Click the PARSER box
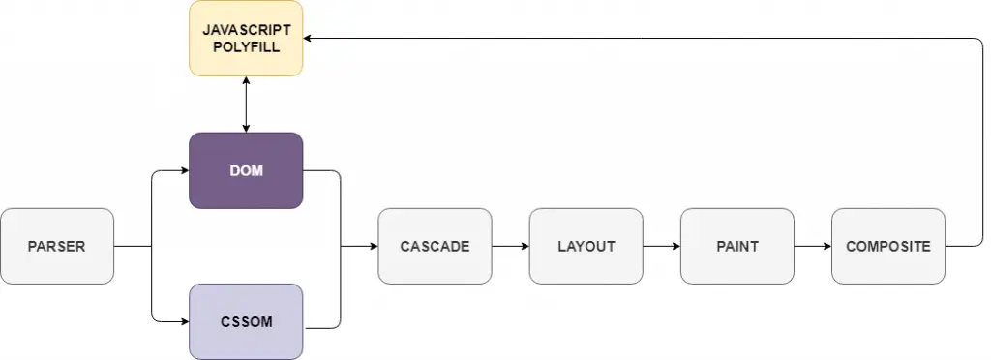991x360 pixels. [x=57, y=246]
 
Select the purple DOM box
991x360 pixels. [x=246, y=170]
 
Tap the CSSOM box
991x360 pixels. [x=246, y=321]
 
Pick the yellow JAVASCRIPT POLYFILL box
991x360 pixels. [x=246, y=39]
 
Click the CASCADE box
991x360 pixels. [x=435, y=246]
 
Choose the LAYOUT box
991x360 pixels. [x=586, y=246]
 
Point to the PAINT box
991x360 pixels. [x=736, y=246]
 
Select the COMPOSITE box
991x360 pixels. [x=887, y=246]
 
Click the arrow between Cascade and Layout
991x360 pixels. [x=510, y=246]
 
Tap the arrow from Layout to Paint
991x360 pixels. [x=661, y=246]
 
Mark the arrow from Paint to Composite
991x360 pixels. [x=812, y=246]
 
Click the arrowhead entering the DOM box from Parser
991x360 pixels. [x=183, y=170]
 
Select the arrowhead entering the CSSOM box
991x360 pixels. [x=183, y=321]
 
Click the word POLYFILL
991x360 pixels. [x=246, y=46]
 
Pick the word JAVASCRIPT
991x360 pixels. [x=246, y=31]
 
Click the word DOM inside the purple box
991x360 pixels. [x=246, y=171]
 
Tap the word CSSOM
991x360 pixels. [x=246, y=322]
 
